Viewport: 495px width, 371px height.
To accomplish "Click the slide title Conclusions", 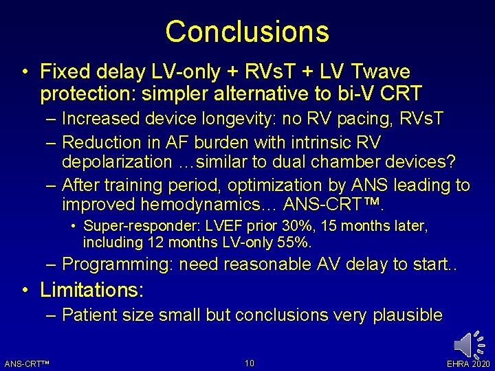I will [x=247, y=32].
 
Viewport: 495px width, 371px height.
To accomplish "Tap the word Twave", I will [x=379, y=71].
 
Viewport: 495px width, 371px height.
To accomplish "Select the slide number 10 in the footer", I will [x=249, y=363].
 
